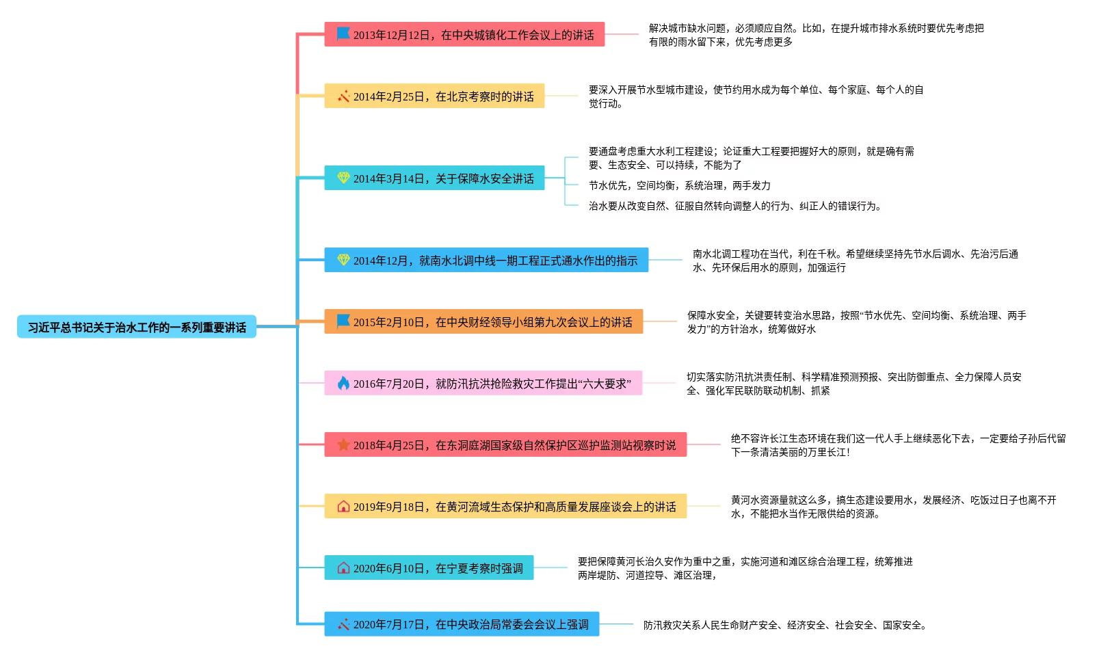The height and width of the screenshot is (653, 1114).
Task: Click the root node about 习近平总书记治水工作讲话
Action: [137, 328]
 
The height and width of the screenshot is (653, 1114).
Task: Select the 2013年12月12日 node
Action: [464, 35]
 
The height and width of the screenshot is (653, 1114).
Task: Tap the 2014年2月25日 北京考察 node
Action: [434, 96]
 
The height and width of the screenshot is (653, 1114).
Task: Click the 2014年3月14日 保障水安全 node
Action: [434, 178]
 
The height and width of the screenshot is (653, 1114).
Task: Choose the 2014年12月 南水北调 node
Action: [486, 261]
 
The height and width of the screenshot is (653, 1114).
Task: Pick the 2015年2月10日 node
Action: [483, 322]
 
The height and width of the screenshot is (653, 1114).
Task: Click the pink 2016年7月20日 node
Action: [483, 384]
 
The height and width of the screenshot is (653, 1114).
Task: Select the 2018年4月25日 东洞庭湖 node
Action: [505, 445]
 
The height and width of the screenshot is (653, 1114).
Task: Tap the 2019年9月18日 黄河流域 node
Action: [505, 507]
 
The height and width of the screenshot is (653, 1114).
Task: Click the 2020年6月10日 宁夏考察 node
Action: [429, 568]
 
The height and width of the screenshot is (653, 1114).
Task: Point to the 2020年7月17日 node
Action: [462, 624]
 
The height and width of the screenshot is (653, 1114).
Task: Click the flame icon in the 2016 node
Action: [343, 384]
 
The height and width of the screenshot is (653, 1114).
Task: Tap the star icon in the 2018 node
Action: [343, 445]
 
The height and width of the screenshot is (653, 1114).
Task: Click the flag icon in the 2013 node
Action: [343, 34]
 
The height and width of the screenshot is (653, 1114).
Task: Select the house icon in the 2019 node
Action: [343, 507]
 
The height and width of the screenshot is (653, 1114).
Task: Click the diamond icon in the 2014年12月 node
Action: [343, 260]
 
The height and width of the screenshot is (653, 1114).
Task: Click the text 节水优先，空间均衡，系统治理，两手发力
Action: [679, 185]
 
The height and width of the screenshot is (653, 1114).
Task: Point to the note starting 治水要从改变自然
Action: [734, 206]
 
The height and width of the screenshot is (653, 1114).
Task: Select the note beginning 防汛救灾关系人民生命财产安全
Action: [784, 625]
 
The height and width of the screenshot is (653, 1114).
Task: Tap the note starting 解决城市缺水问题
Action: [816, 35]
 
